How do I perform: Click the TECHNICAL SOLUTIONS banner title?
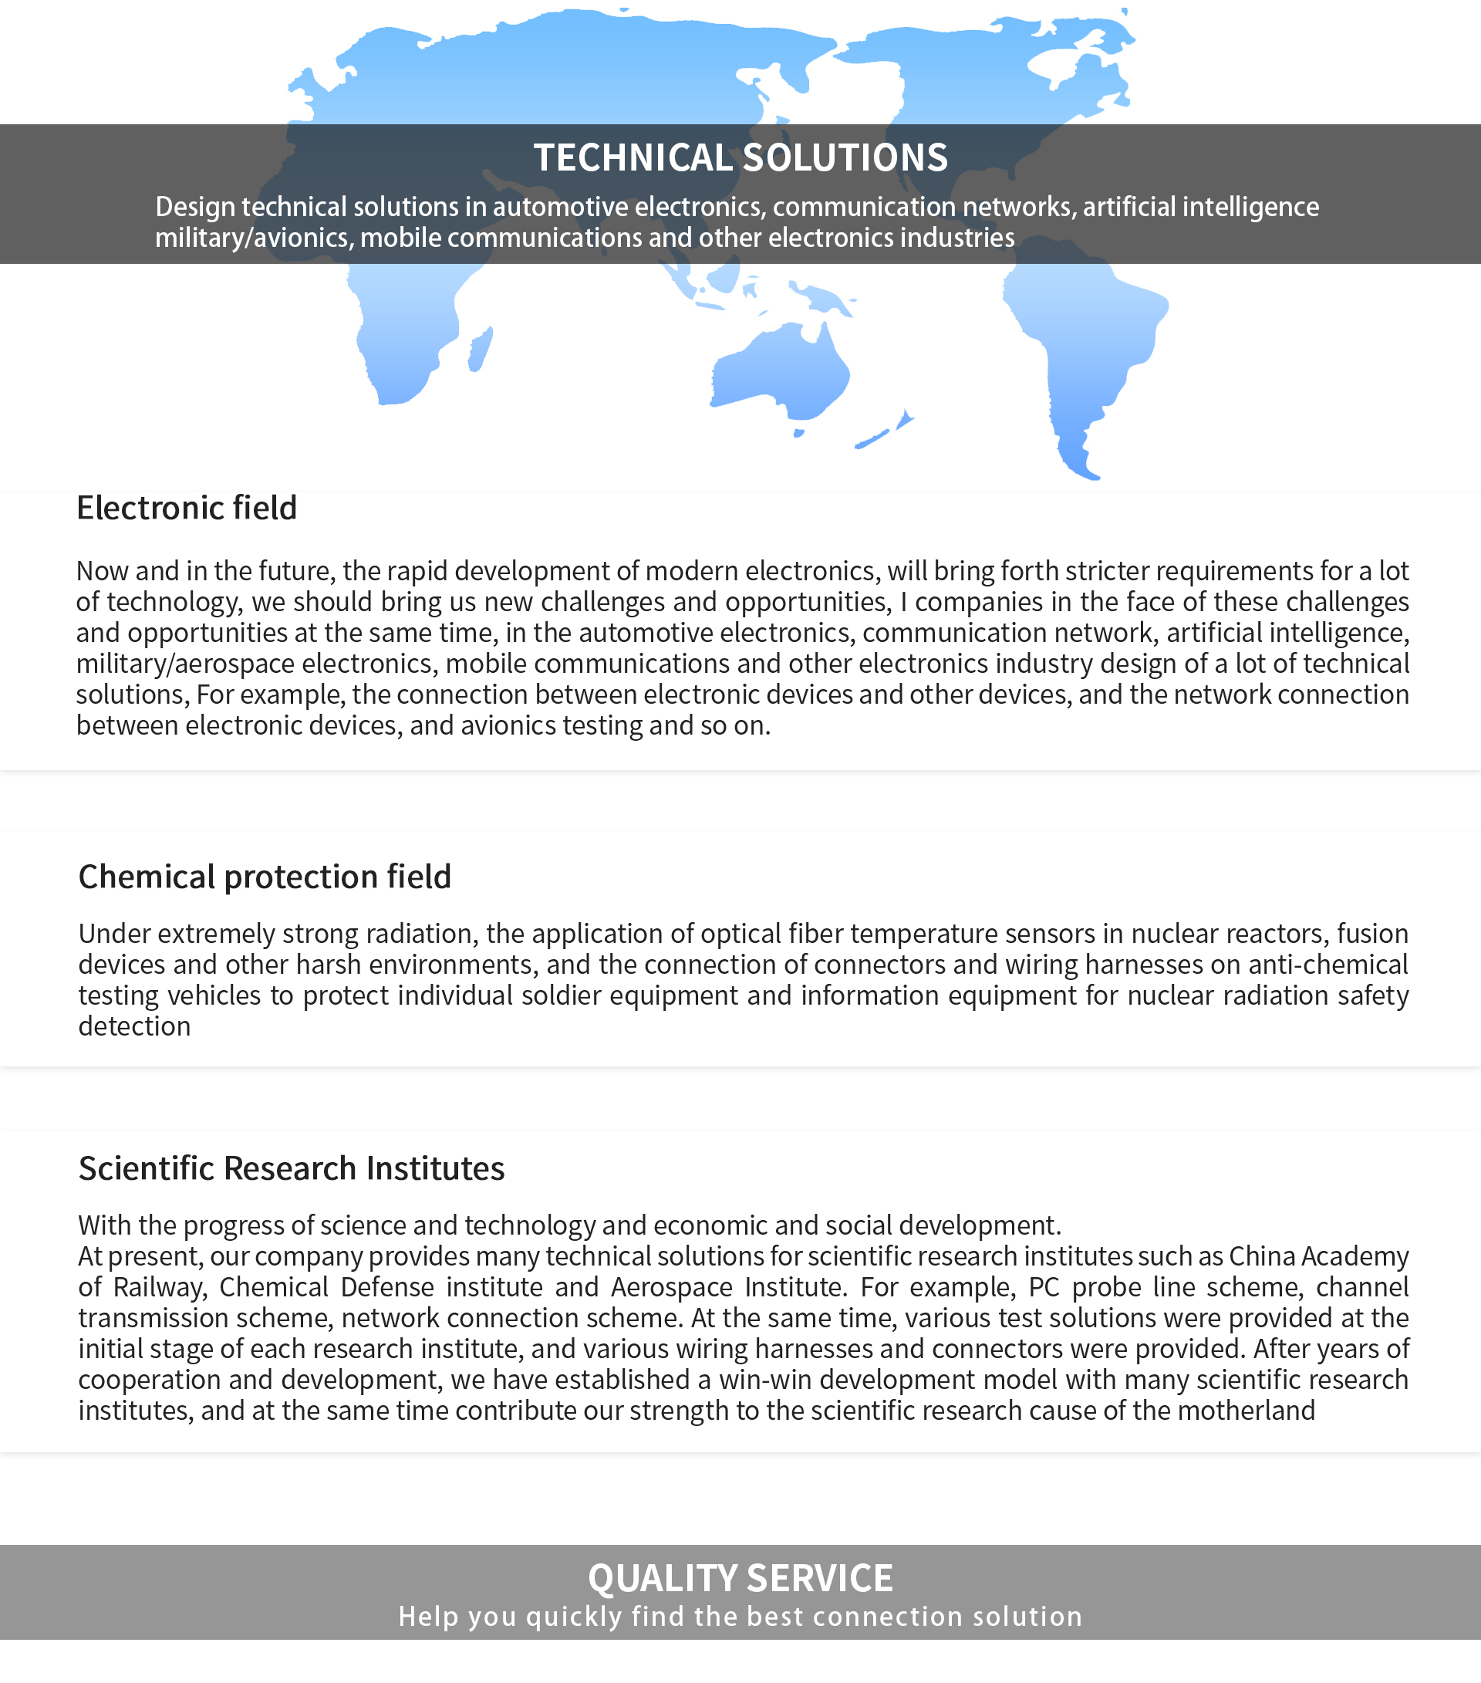pos(740,157)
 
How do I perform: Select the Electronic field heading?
pos(186,508)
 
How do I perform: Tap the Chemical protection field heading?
pos(265,877)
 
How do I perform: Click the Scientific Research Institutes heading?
pos(292,1168)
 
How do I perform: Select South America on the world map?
pos(1078,346)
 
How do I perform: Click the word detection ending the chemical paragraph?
pos(134,1027)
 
